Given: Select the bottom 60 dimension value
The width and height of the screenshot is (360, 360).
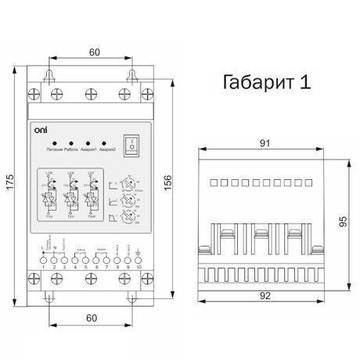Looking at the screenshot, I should pos(94,319).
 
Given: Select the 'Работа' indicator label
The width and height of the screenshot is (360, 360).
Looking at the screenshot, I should pos(72,149).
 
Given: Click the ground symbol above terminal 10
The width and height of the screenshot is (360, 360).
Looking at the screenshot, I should pos(139,251).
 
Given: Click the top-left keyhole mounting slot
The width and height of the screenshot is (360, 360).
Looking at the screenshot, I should pos(52,77).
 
